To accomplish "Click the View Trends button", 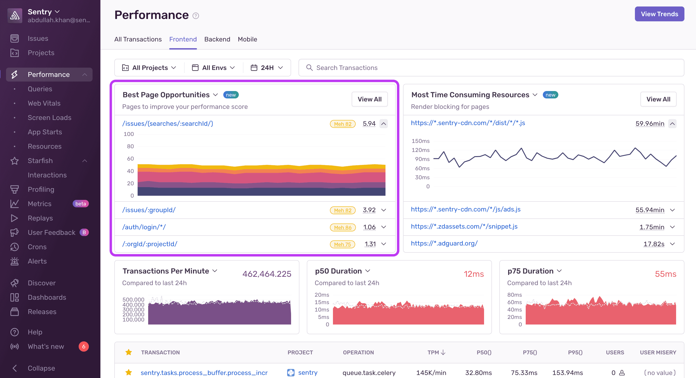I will pyautogui.click(x=659, y=14).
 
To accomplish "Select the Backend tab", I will pyautogui.click(x=217, y=39).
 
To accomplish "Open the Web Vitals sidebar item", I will pyautogui.click(x=44, y=103).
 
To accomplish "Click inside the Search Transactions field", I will pyautogui.click(x=486, y=68).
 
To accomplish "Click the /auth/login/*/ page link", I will pyautogui.click(x=144, y=227).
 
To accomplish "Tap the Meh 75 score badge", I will pyautogui.click(x=342, y=244).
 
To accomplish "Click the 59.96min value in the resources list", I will pyautogui.click(x=649, y=123).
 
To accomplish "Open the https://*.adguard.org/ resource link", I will pyautogui.click(x=444, y=243).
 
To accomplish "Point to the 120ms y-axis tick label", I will pyautogui.click(x=420, y=150).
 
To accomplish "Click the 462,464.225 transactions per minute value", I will pyautogui.click(x=267, y=274).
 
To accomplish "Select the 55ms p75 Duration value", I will pyautogui.click(x=665, y=274).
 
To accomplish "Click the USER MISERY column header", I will pyautogui.click(x=658, y=352).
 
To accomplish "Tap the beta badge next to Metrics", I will pyautogui.click(x=81, y=204).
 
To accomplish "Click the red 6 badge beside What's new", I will pyautogui.click(x=84, y=346).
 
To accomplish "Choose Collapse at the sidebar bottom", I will pyautogui.click(x=41, y=368).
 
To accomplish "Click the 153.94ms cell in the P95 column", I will pyautogui.click(x=567, y=373).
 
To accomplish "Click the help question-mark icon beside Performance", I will pyautogui.click(x=196, y=16).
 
